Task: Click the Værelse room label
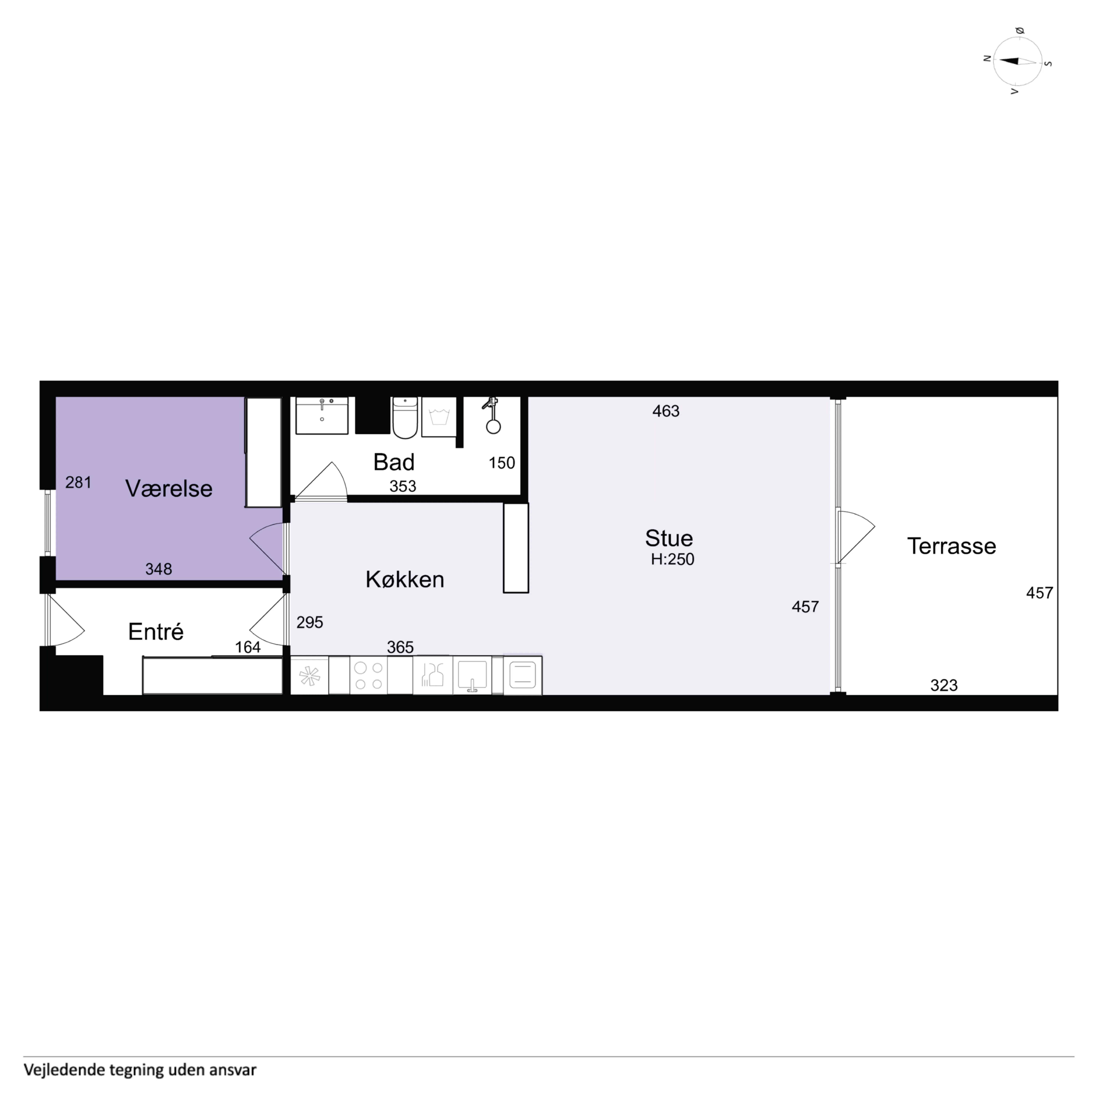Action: (169, 488)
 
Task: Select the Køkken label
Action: (405, 579)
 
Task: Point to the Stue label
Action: (669, 538)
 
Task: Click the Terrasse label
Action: (951, 546)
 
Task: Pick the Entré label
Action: (156, 631)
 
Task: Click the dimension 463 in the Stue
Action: (666, 411)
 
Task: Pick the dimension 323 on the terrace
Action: (944, 685)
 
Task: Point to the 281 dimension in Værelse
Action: (78, 482)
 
